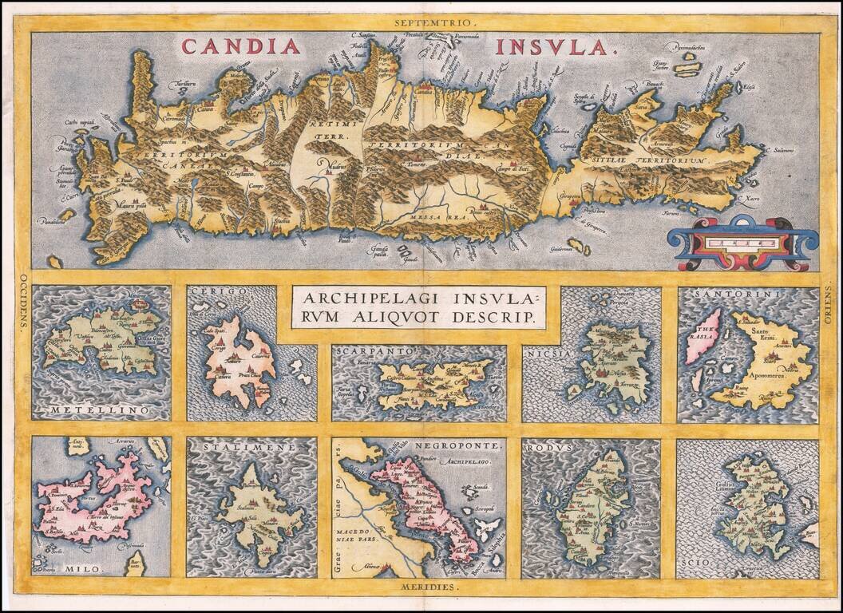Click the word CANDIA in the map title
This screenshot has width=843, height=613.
click(241, 46)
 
